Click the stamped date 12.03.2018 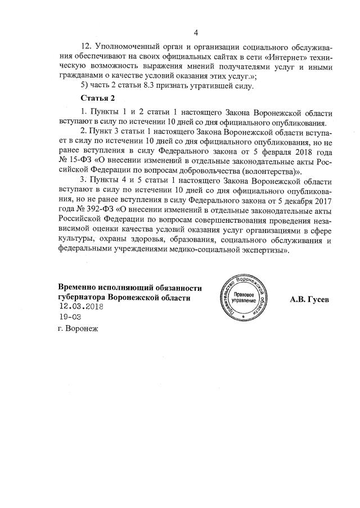82,307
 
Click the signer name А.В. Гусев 309,299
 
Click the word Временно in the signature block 79,287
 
